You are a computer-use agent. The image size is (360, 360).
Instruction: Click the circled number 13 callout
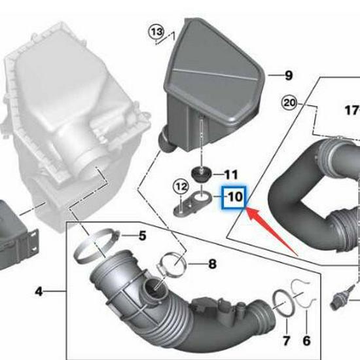tap(156, 31)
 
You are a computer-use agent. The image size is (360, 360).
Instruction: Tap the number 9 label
tap(289, 76)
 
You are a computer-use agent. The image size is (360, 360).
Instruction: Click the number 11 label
tap(231, 175)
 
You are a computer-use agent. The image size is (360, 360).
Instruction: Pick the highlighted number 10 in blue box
tap(234, 196)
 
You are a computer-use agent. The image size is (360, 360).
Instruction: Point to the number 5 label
tap(141, 235)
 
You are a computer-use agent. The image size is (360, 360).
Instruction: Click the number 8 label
tap(211, 264)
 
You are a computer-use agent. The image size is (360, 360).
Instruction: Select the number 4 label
tap(39, 291)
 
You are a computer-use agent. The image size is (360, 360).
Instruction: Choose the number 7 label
tap(286, 340)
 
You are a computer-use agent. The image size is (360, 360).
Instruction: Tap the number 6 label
tap(306, 340)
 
